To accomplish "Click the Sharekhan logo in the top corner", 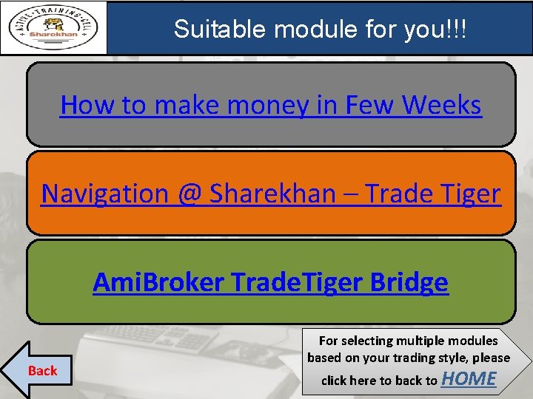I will click(x=53, y=28).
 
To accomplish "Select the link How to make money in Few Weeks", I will click(x=271, y=105).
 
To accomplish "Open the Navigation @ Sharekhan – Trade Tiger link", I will click(x=271, y=194).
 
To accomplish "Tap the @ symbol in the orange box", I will click(x=190, y=194).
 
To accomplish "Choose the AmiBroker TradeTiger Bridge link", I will click(x=271, y=282).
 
